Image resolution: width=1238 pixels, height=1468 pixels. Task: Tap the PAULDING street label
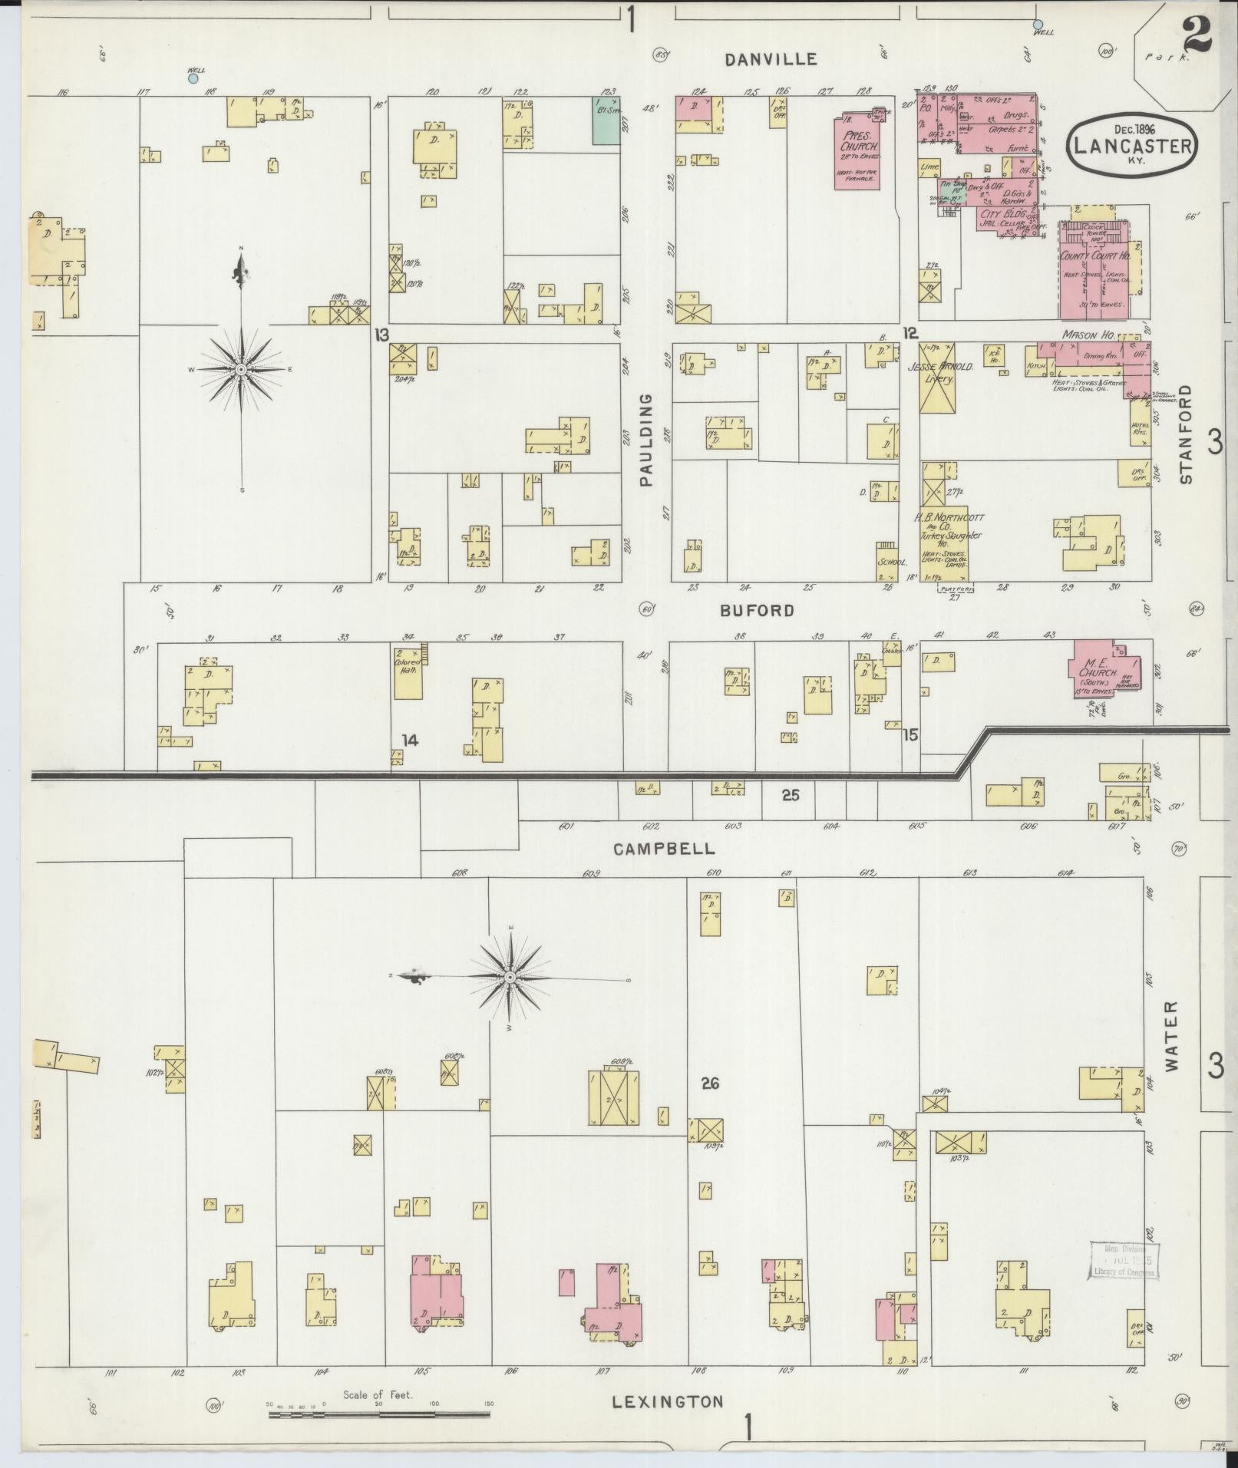tap(645, 440)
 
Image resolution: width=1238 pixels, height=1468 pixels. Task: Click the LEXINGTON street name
tap(668, 1401)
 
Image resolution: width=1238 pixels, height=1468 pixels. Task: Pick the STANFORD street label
tap(1187, 434)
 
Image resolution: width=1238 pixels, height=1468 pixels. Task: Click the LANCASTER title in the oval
tap(1132, 146)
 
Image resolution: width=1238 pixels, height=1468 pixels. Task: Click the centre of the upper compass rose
tap(242, 370)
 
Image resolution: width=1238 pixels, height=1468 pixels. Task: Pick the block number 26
tap(709, 1084)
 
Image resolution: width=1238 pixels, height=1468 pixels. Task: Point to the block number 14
tap(411, 740)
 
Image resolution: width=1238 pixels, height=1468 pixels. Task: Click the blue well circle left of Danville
tap(193, 78)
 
